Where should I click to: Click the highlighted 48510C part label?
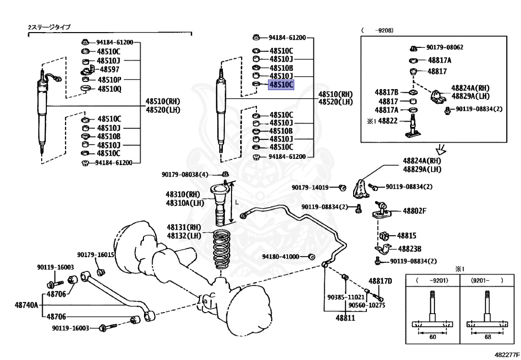[281, 85]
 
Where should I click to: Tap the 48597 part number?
[109, 69]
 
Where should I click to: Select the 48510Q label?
[109, 89]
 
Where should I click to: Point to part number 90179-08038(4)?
[185, 175]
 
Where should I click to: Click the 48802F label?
[414, 211]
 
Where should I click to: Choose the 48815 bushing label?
[407, 236]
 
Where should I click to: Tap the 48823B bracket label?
[410, 249]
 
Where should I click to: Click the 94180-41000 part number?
[280, 257]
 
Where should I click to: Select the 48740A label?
[26, 305]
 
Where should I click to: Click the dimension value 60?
[432, 337]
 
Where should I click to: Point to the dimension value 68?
[487, 337]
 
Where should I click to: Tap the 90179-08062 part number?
[445, 47]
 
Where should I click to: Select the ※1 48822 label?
[382, 121]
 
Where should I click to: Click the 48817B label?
[387, 92]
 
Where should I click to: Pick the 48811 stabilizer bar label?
[345, 318]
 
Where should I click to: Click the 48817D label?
[380, 281]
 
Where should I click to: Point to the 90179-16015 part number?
[96, 255]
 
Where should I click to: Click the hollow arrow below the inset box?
[441, 150]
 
